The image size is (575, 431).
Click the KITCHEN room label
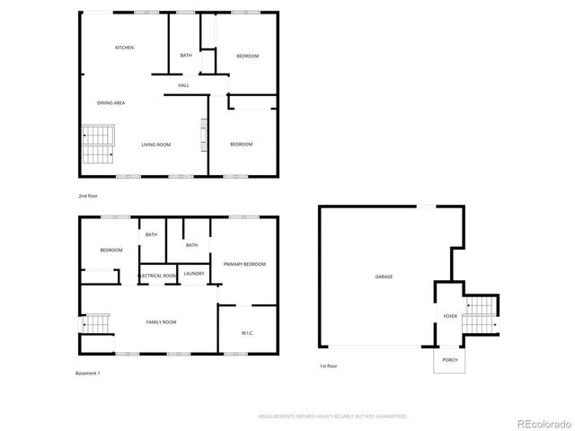tap(124, 48)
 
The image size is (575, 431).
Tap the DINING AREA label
tap(111, 103)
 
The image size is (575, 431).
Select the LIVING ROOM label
tap(156, 145)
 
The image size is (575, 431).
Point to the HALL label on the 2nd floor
tap(183, 85)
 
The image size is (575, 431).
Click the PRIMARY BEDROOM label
tap(244, 265)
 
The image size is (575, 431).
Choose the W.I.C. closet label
tap(247, 333)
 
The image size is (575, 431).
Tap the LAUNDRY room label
tap(194, 274)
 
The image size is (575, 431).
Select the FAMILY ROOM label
tap(162, 321)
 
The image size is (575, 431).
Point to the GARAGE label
tap(384, 277)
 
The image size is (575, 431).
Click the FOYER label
tap(450, 317)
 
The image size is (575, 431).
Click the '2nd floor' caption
tap(88, 195)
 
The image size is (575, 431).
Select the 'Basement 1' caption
tap(88, 373)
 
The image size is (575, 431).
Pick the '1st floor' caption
tap(329, 366)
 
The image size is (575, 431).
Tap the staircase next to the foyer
tap(482, 316)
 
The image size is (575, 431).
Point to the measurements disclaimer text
tap(332, 417)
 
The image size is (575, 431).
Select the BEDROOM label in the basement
tap(111, 251)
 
